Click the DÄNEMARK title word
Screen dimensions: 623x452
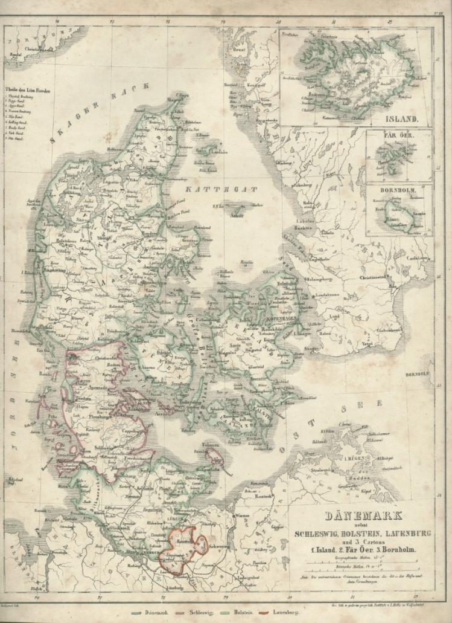tap(354, 517)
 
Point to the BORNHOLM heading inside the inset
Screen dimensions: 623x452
tap(398, 192)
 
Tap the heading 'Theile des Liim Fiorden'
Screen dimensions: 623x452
tap(28, 91)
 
